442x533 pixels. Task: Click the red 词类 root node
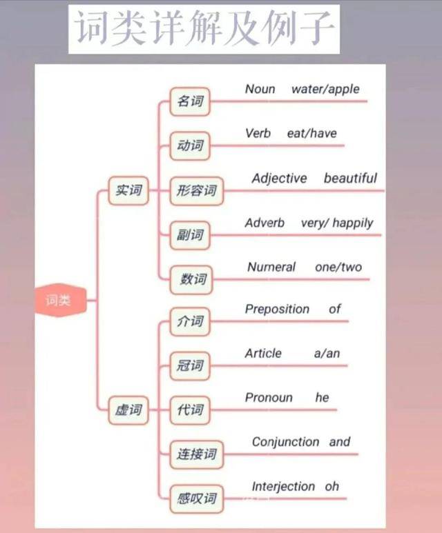click(x=61, y=300)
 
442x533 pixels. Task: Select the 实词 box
click(x=128, y=190)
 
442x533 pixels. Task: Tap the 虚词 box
click(x=128, y=410)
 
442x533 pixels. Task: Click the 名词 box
click(x=190, y=101)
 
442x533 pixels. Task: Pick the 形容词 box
click(x=196, y=191)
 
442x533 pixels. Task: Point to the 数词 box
click(x=191, y=279)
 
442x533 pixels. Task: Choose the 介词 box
click(x=190, y=321)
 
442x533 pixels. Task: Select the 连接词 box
click(x=196, y=454)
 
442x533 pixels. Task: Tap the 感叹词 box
click(x=196, y=499)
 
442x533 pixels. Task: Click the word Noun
click(x=260, y=89)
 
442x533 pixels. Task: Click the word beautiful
click(x=350, y=178)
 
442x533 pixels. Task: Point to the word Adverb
click(x=265, y=223)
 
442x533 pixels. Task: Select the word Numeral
click(x=271, y=267)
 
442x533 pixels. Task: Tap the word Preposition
click(x=277, y=309)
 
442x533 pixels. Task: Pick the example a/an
click(x=327, y=354)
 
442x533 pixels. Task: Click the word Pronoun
click(x=269, y=397)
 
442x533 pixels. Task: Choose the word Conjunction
click(x=286, y=442)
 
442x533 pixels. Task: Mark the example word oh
click(x=331, y=486)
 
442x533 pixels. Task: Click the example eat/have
click(x=312, y=133)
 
